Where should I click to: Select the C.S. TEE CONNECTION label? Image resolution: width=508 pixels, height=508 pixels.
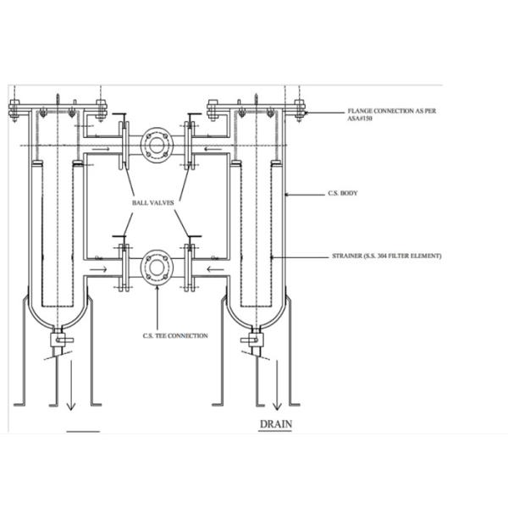pyautogui.click(x=175, y=336)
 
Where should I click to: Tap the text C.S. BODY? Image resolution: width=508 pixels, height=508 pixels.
pyautogui.click(x=343, y=194)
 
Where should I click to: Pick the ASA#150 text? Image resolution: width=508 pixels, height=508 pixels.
pyautogui.click(x=360, y=119)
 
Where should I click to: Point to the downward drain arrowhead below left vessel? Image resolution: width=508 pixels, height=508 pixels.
pyautogui.click(x=71, y=405)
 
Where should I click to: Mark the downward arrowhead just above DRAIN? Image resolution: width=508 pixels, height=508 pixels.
pyautogui.click(x=276, y=405)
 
